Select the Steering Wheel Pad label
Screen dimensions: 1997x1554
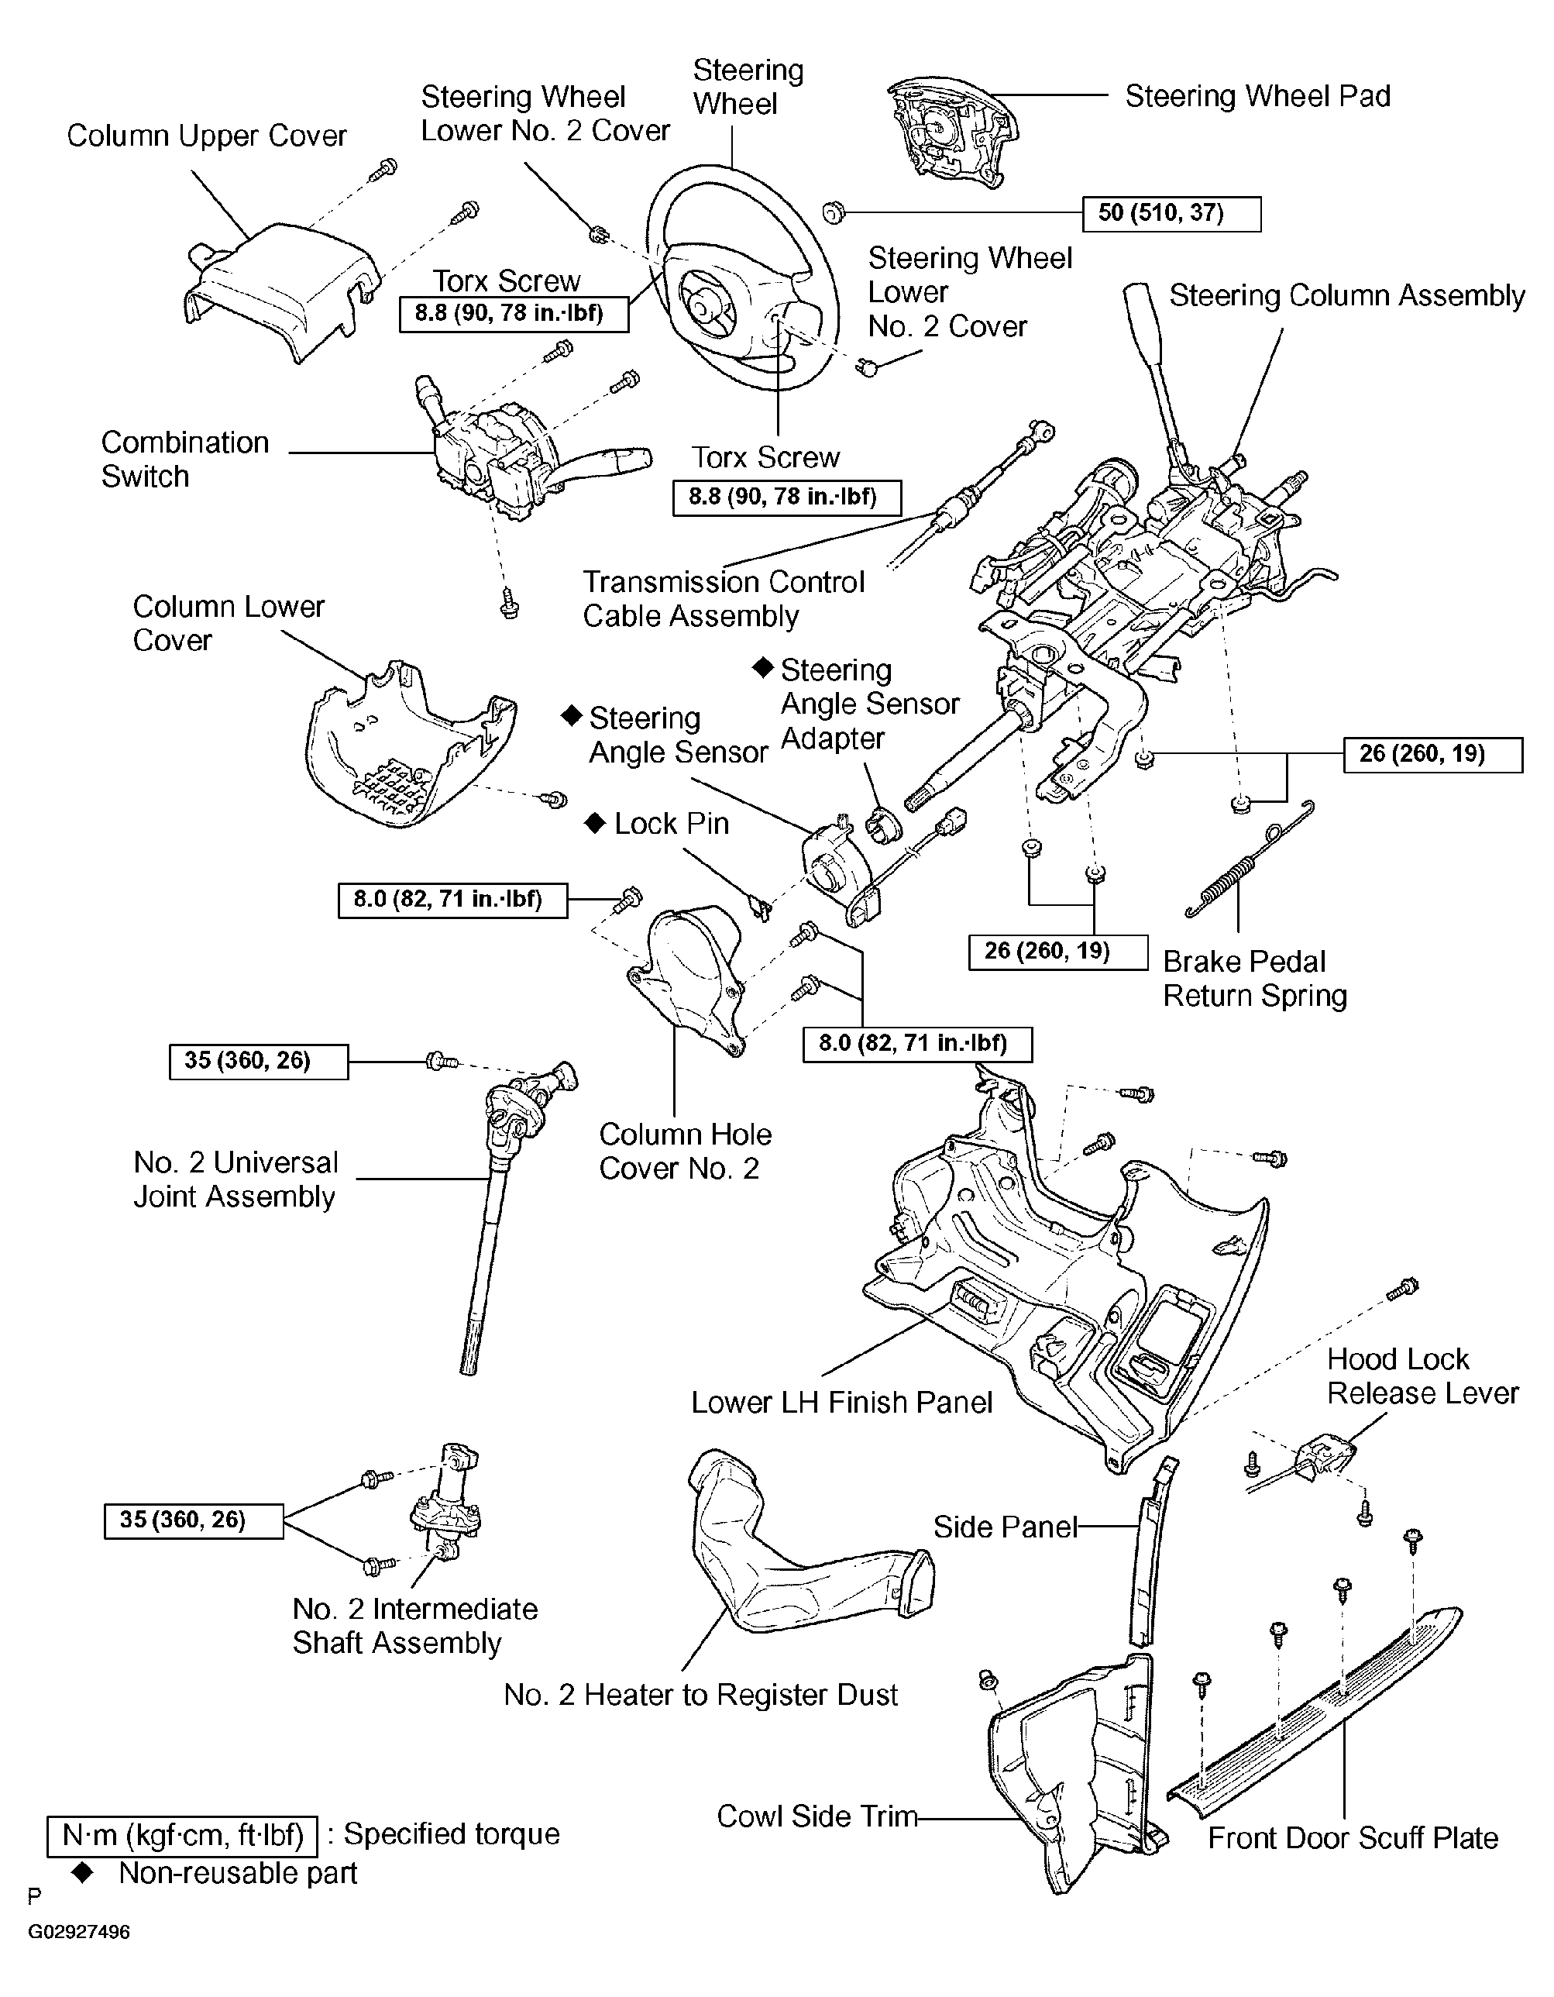(x=1257, y=96)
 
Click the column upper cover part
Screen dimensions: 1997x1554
(x=284, y=293)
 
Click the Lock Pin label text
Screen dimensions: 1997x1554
(x=671, y=824)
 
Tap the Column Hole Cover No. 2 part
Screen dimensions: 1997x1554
(x=690, y=979)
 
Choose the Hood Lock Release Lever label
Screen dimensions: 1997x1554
(x=1422, y=1376)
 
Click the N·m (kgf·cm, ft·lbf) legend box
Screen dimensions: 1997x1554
(x=182, y=1834)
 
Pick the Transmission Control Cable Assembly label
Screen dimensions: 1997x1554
(x=723, y=599)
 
